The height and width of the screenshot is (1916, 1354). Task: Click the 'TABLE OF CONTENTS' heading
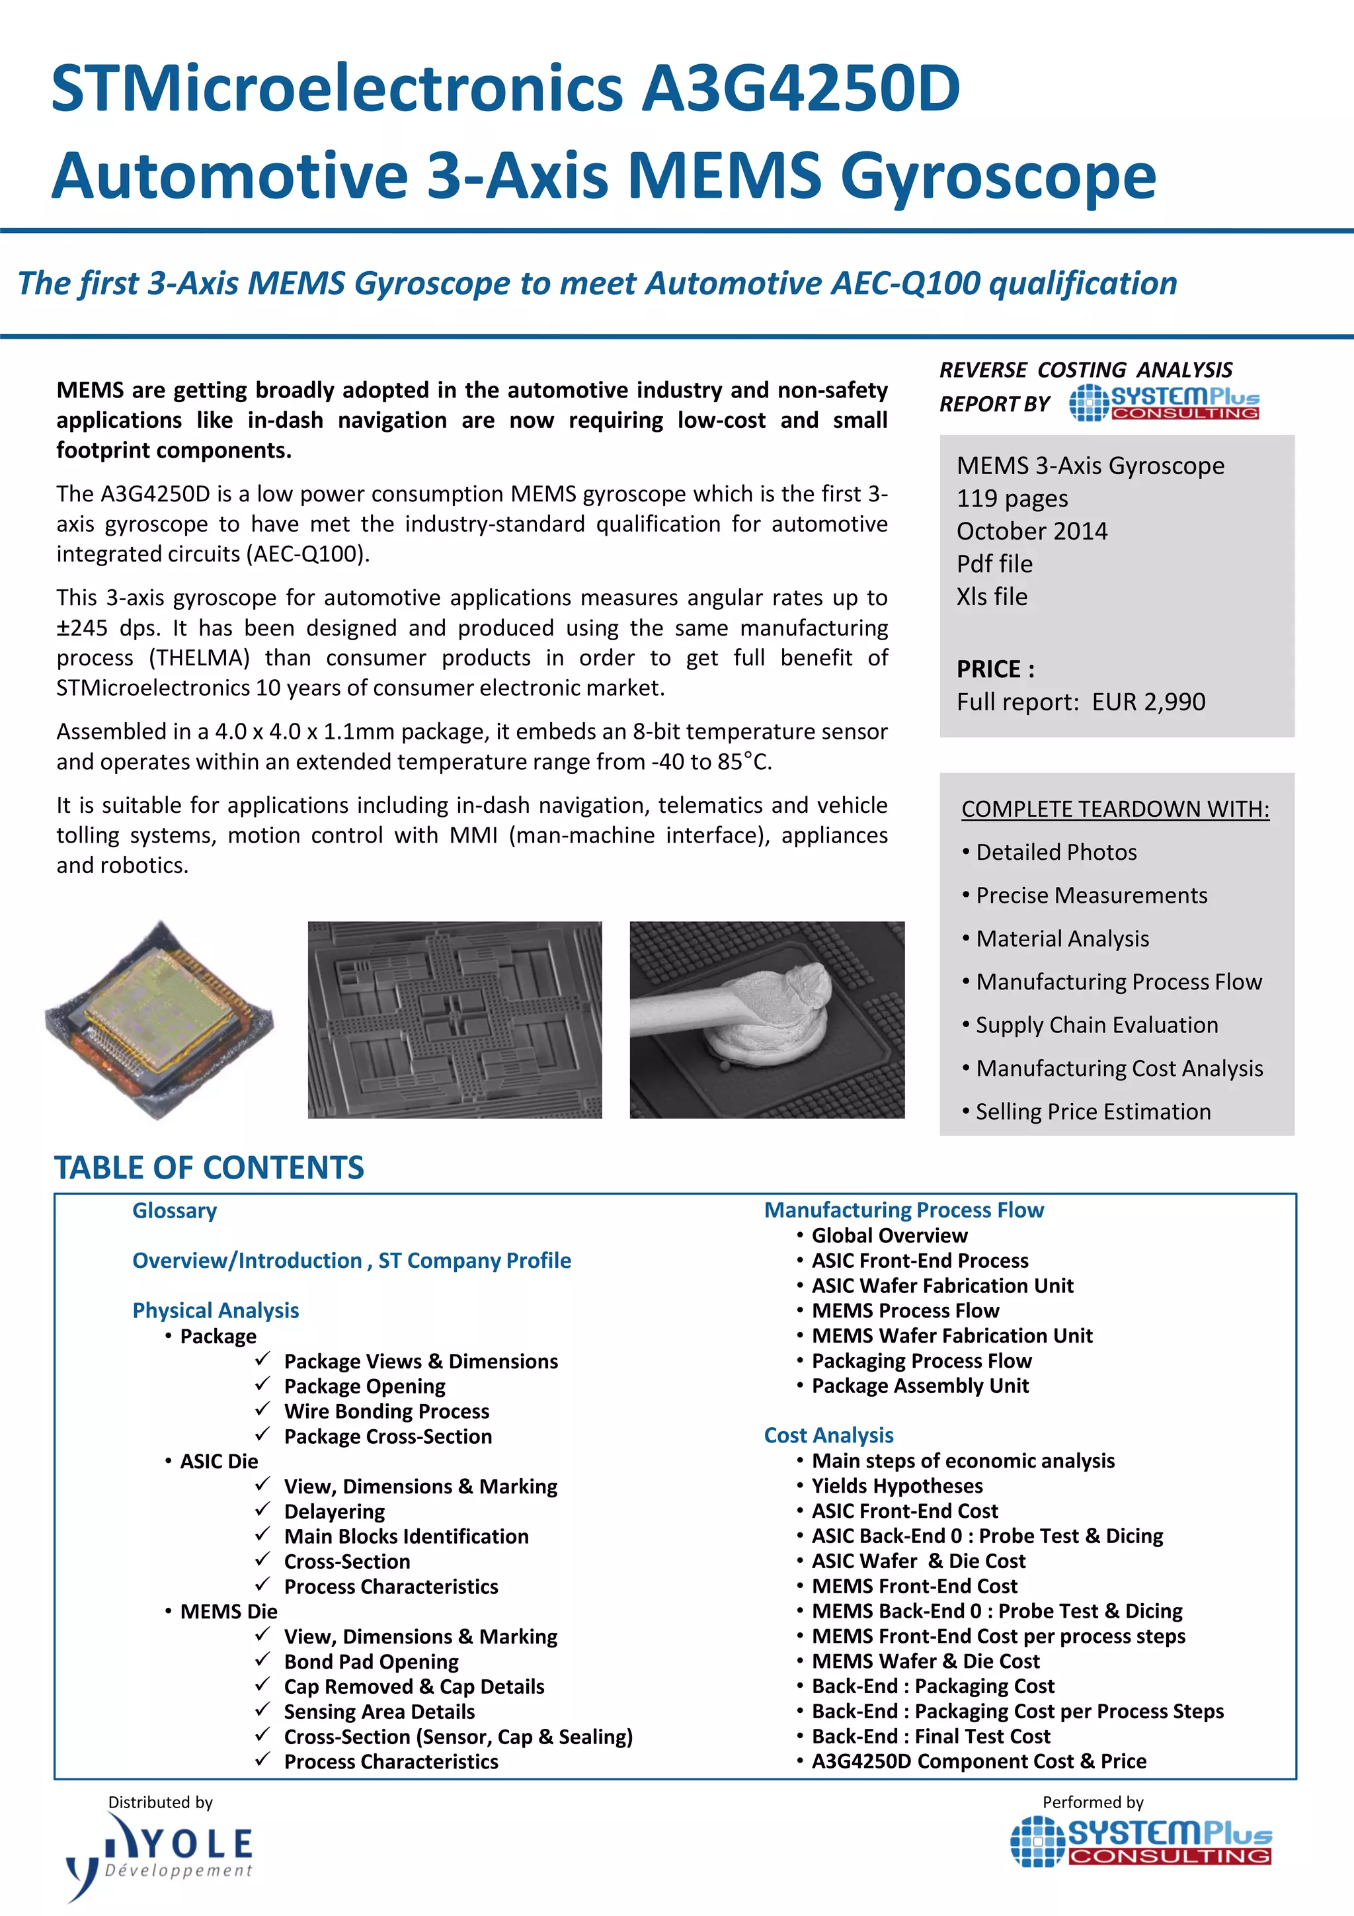click(x=210, y=1167)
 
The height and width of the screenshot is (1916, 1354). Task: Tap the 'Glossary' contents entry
click(x=175, y=1210)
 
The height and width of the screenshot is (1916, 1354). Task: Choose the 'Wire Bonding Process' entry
click(x=386, y=1411)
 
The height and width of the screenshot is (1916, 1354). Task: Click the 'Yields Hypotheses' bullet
click(x=897, y=1485)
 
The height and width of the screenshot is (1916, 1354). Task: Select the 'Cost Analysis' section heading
click(x=828, y=1435)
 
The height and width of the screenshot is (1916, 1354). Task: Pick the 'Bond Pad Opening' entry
click(x=372, y=1661)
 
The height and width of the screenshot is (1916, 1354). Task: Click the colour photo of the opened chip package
click(x=159, y=1019)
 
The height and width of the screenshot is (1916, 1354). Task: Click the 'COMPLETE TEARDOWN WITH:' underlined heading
click(x=1115, y=809)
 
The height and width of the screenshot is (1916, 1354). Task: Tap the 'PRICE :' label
click(x=995, y=669)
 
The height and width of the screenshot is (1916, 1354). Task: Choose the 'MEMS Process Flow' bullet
click(x=905, y=1310)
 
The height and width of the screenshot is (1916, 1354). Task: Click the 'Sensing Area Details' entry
click(x=379, y=1712)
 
